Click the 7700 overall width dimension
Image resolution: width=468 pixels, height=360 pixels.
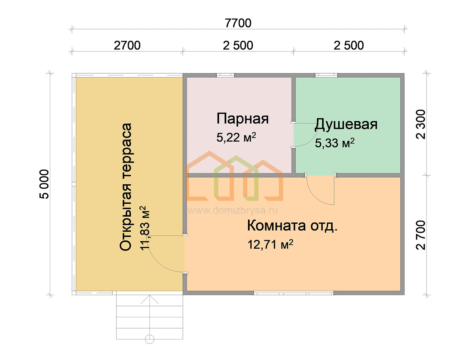click(x=238, y=23)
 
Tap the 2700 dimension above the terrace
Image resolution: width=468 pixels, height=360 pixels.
click(x=127, y=46)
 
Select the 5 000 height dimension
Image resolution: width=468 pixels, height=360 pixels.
click(x=44, y=184)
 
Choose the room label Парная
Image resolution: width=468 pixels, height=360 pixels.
click(x=242, y=119)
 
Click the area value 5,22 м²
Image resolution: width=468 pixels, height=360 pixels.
click(x=236, y=137)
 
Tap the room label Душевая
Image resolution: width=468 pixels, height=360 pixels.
click(x=346, y=124)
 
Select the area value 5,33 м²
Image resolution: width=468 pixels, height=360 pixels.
click(x=335, y=143)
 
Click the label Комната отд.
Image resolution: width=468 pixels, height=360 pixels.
click(x=292, y=226)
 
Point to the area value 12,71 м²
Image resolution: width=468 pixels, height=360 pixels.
click(x=270, y=244)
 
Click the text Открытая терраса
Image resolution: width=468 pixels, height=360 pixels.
click(x=125, y=187)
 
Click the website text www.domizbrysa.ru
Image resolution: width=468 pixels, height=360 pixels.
click(x=233, y=210)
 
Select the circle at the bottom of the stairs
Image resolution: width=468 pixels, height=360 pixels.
click(x=149, y=339)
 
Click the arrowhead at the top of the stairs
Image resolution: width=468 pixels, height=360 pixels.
click(x=149, y=296)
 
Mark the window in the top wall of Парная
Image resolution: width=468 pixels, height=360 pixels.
click(x=225, y=75)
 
